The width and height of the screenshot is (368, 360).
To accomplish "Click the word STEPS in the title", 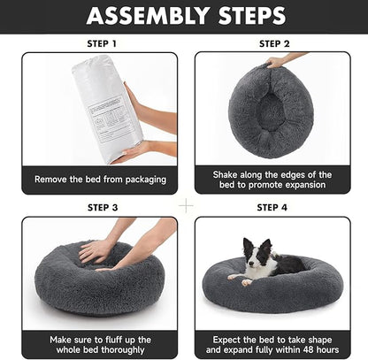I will click(x=251, y=16).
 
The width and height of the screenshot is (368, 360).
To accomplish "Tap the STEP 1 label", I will click(x=101, y=42).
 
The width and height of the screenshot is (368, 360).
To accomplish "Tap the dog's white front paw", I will click(x=235, y=278).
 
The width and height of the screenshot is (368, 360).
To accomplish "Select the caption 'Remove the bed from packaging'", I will click(x=100, y=180).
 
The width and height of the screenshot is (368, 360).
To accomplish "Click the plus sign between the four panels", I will click(x=186, y=204).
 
